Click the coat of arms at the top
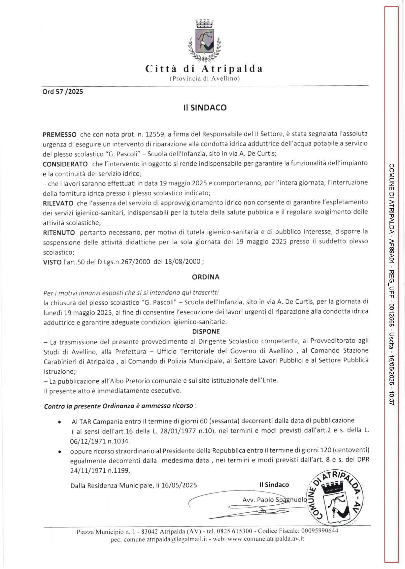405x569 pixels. coord(204,40)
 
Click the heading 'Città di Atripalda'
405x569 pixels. coord(204,69)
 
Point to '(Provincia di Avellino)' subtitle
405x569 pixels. coord(204,79)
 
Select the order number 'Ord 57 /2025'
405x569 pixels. coord(63,92)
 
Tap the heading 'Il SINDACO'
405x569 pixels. coord(205,108)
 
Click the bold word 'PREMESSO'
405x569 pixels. coord(60,134)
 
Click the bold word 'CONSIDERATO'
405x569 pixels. coord(65,164)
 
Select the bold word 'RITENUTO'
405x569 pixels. coord(59,232)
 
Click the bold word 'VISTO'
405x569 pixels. coord(52,262)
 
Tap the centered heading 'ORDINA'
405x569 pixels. coord(206,277)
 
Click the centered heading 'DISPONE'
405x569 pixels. coord(206,332)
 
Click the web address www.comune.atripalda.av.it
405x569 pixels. coord(266,539)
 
